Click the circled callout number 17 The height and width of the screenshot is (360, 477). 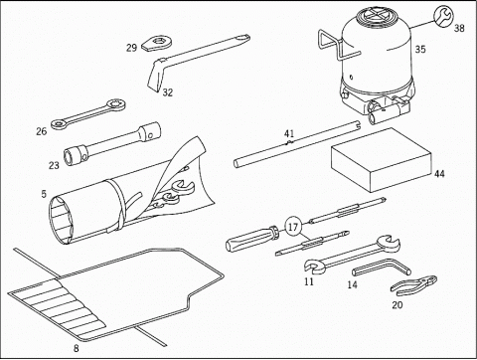tap(293, 227)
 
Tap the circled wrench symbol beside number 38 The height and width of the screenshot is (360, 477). tap(442, 15)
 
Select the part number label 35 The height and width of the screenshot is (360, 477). tap(420, 49)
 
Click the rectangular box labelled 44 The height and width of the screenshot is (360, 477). tap(381, 159)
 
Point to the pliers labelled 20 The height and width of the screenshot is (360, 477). tap(414, 285)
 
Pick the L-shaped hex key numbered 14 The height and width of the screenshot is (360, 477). tap(382, 268)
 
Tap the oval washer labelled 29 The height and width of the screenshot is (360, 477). tap(158, 44)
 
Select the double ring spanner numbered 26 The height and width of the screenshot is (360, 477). tap(88, 113)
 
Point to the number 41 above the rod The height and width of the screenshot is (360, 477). tap(289, 134)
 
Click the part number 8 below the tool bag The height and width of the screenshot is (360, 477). tap(77, 348)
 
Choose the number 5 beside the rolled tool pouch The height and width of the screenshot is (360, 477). tap(44, 194)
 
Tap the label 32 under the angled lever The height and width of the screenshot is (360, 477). tap(168, 92)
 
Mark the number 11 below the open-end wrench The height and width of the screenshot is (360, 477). tap(309, 281)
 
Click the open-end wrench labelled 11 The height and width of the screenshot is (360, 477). tap(353, 255)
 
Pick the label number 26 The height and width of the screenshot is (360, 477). tap(42, 131)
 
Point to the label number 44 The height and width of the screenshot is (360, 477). tap(439, 174)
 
